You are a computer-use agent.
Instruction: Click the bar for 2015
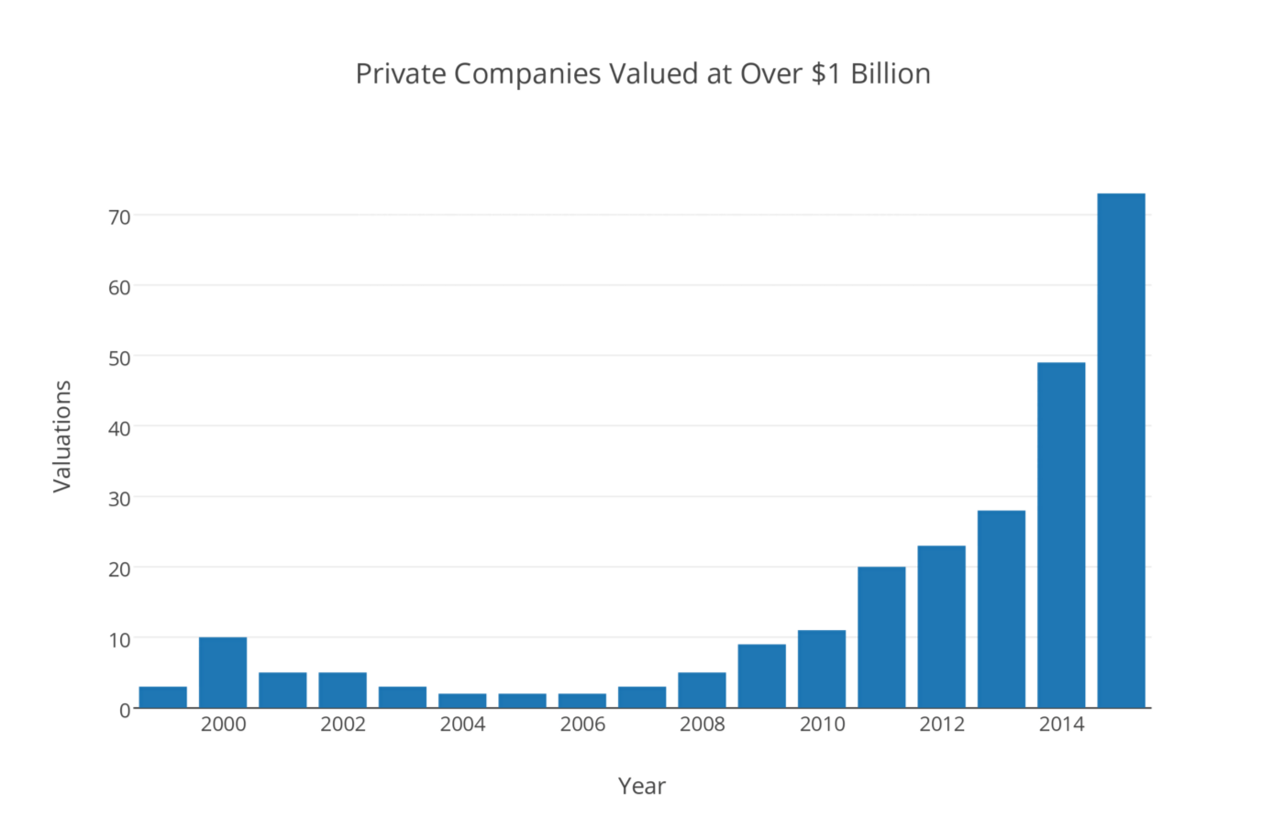click(1121, 450)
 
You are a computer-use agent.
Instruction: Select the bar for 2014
click(1061, 535)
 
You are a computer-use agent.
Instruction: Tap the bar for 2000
click(223, 672)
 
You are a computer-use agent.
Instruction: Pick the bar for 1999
click(163, 697)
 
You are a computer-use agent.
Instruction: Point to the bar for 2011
click(881, 637)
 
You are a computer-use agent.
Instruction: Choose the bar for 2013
click(1002, 609)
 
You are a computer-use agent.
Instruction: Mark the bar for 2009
click(762, 676)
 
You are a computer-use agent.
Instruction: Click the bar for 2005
click(523, 701)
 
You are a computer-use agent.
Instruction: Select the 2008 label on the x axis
click(703, 724)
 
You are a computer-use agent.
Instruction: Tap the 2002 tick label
click(343, 724)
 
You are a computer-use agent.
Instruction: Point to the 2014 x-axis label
click(1061, 724)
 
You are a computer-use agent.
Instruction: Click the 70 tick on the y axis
click(119, 216)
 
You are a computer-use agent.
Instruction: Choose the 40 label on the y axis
click(119, 427)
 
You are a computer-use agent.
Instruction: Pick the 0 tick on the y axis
click(125, 710)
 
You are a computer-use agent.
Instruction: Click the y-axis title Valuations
click(62, 437)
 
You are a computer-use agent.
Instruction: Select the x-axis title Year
click(642, 786)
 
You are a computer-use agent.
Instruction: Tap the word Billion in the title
click(891, 73)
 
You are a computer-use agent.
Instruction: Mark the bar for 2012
click(942, 626)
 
